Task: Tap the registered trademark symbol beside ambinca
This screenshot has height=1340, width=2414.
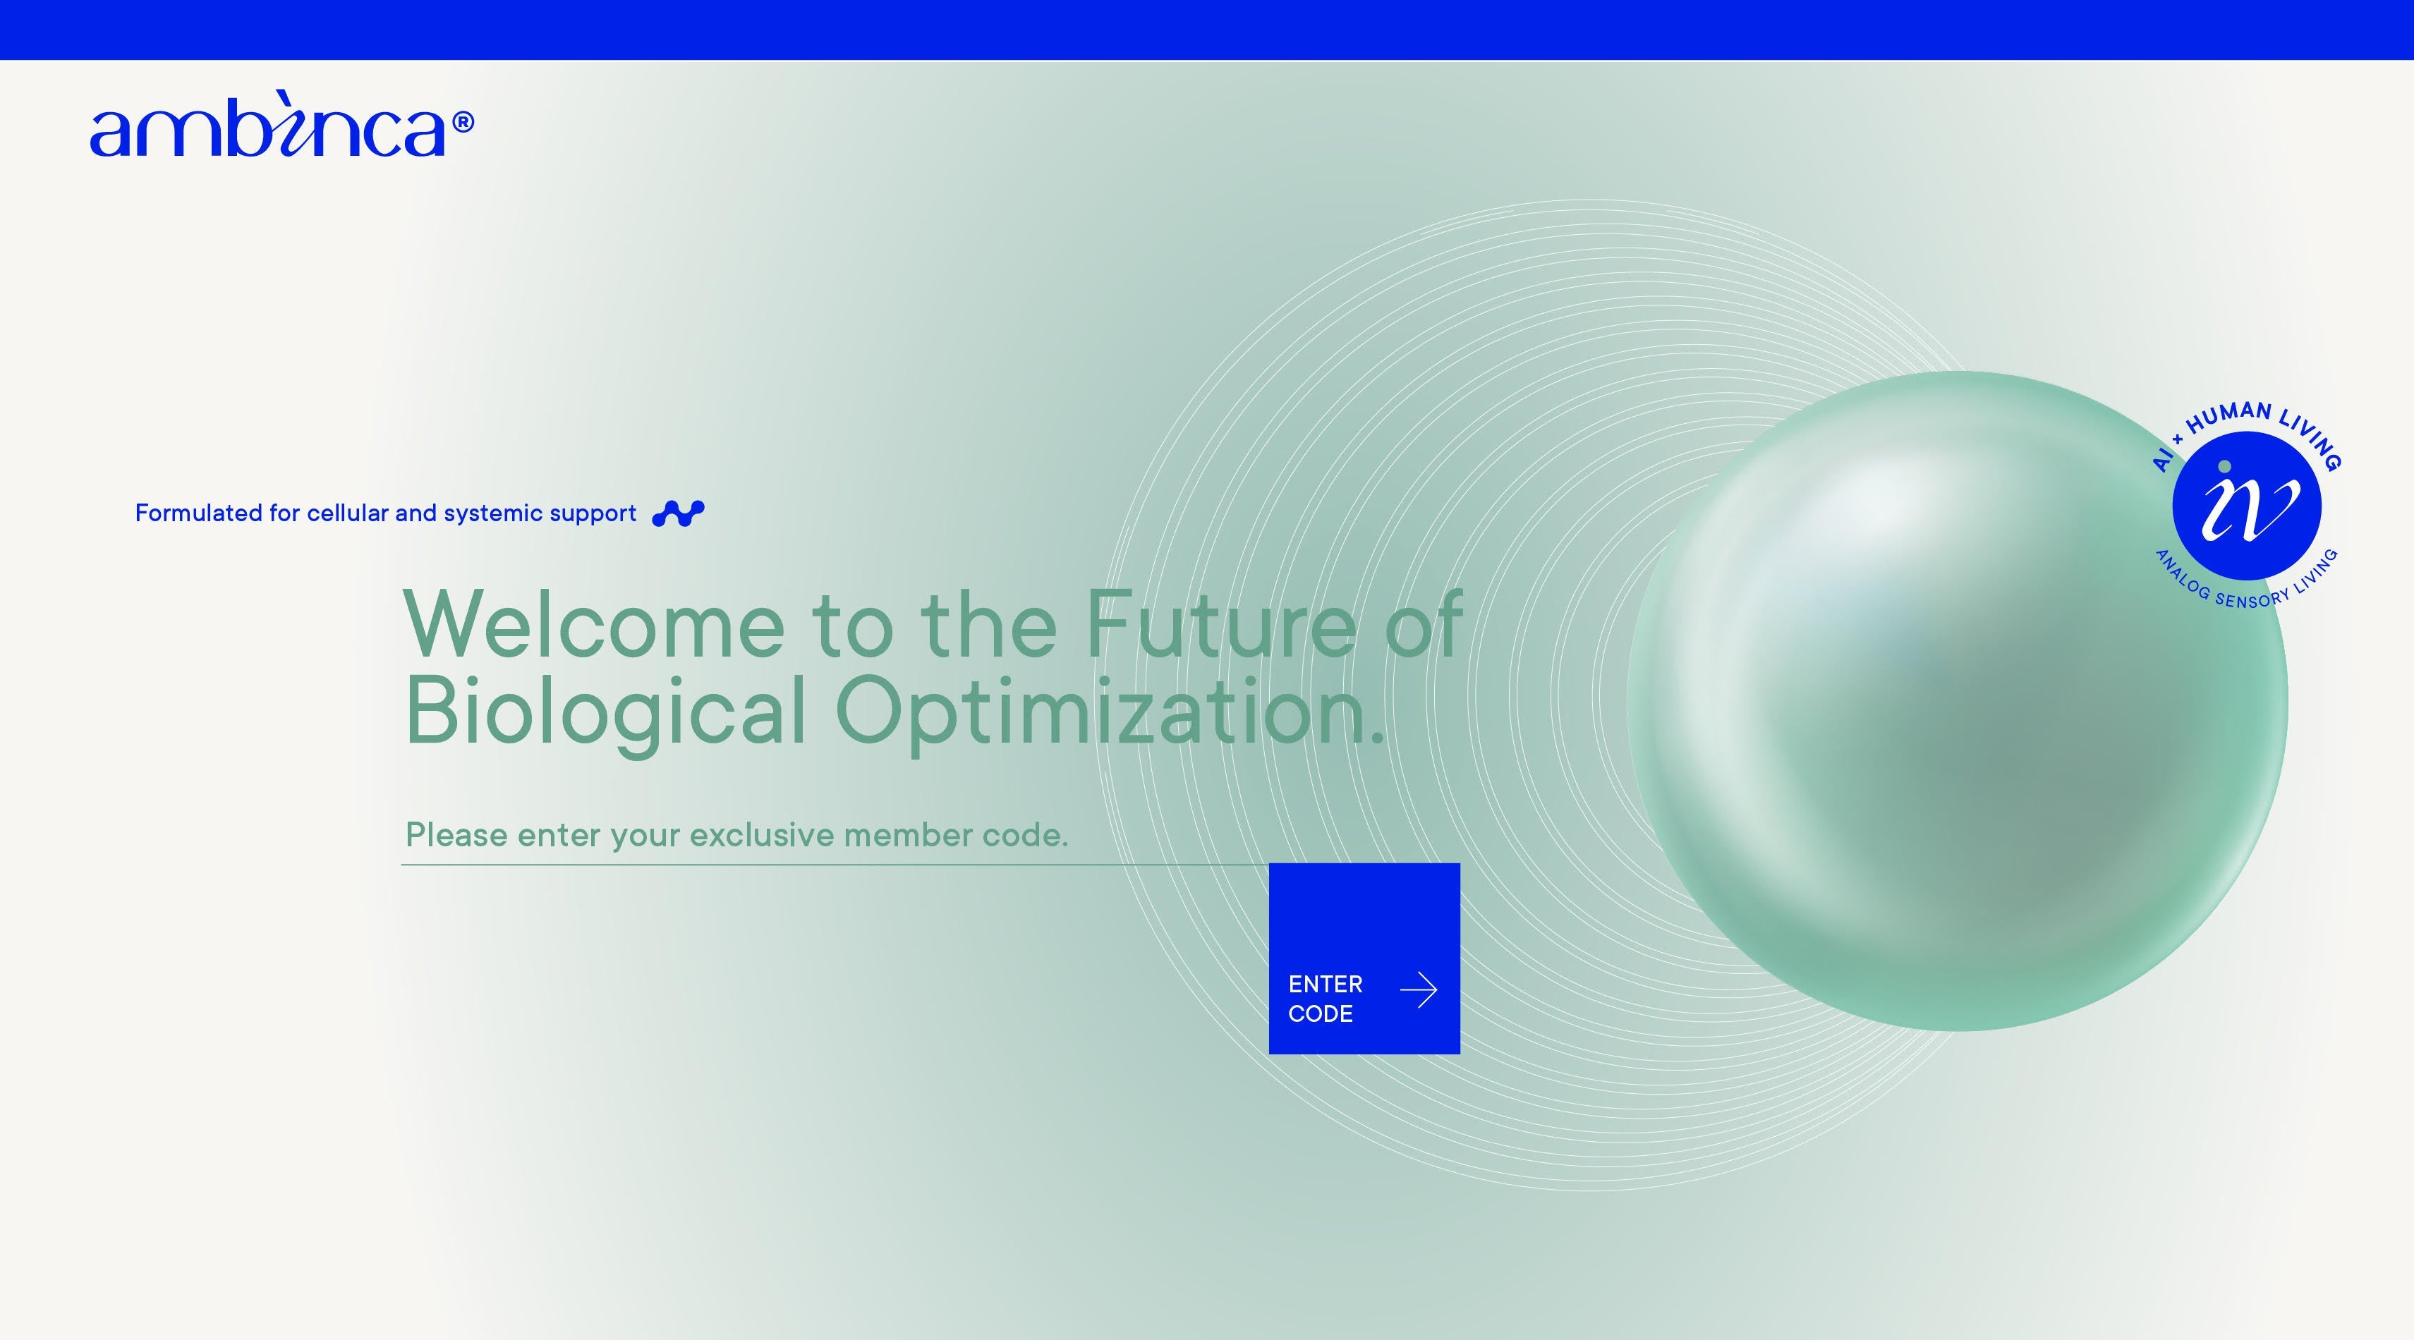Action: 463,123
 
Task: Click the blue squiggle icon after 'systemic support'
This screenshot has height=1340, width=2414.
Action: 679,513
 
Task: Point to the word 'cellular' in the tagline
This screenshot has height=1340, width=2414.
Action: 348,513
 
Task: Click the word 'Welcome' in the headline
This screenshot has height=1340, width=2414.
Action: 594,624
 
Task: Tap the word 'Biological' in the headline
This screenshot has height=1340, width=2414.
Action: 605,712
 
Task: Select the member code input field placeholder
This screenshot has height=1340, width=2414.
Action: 736,835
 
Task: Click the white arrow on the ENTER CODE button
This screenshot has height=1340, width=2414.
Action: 1419,989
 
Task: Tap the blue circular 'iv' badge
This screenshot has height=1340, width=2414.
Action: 2246,506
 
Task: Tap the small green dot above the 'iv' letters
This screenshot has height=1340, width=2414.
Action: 2225,467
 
